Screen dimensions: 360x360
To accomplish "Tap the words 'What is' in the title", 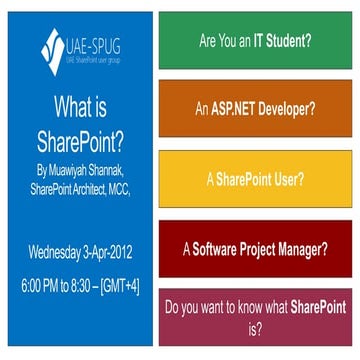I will (x=77, y=107).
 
